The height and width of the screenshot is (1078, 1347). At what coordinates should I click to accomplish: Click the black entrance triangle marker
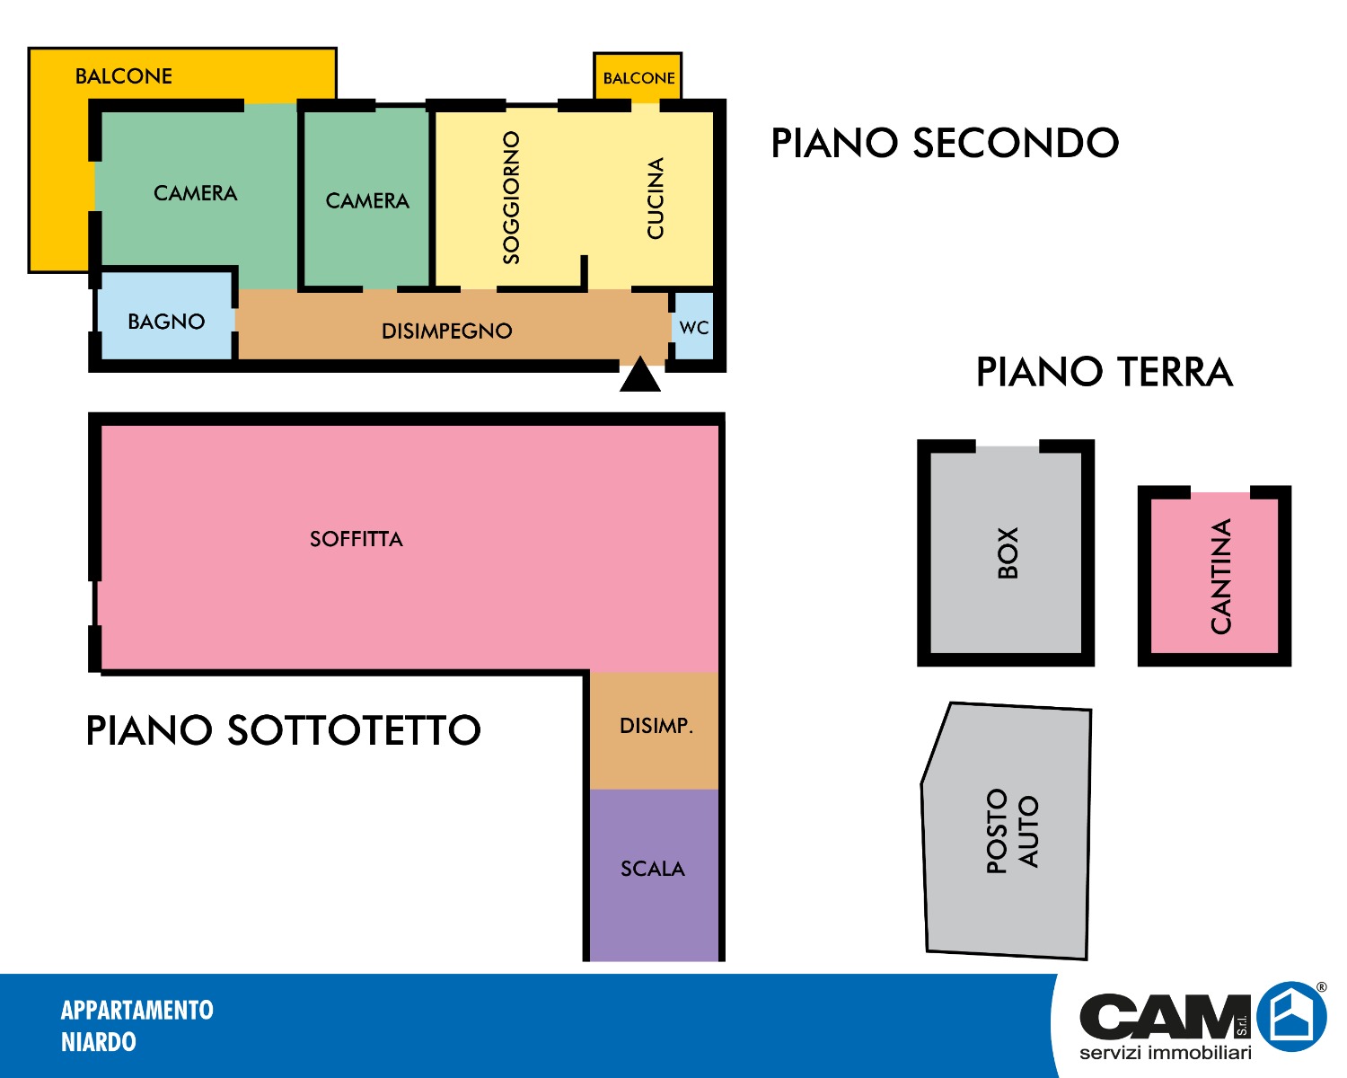tap(639, 376)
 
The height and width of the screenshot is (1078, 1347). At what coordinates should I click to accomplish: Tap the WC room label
tap(693, 328)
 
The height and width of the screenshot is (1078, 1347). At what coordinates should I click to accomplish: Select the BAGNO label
tap(166, 322)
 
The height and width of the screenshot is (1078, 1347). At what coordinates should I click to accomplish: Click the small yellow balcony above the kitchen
tap(638, 77)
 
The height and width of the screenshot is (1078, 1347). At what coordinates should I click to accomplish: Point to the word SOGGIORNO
tap(511, 198)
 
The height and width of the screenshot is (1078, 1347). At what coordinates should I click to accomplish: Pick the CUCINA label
tap(655, 198)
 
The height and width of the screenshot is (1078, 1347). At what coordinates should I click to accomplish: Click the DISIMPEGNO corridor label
tap(446, 331)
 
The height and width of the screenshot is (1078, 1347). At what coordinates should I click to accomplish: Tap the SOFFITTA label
tap(357, 539)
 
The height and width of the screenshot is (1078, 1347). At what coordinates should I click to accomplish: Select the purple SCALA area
tap(654, 875)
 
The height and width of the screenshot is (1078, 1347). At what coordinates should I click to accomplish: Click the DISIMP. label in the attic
tap(656, 725)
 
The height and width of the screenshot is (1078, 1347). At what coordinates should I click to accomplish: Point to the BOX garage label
tap(1008, 552)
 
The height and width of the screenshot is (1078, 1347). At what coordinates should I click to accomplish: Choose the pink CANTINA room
tap(1214, 575)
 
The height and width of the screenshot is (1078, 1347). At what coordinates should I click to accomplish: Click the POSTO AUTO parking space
tap(1008, 831)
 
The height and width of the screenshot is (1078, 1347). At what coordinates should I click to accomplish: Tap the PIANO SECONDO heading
tap(945, 143)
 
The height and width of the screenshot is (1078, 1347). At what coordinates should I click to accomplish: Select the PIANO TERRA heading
tap(1105, 372)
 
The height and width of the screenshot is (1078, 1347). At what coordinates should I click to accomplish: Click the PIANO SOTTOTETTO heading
tap(283, 730)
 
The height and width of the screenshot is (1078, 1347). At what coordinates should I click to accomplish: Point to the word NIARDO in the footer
tap(98, 1042)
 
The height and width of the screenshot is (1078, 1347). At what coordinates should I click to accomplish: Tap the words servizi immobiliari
tap(1165, 1052)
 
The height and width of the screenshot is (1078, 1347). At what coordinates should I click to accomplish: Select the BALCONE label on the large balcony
tap(123, 76)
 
